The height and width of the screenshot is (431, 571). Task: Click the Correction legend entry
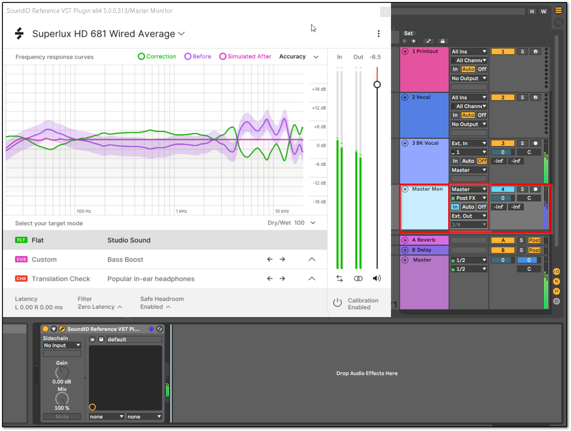coord(157,56)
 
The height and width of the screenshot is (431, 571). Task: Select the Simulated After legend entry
coord(245,56)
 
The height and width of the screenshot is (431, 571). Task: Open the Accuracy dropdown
coord(299,57)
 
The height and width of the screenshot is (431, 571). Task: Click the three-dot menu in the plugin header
coord(378,34)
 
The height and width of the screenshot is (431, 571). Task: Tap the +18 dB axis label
coord(319,89)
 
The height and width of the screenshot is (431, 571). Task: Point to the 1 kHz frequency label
coord(181,211)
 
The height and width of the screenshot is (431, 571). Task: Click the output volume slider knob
coord(377,85)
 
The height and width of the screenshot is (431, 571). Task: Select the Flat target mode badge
coord(21,240)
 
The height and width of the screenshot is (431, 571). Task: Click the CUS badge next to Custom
coord(21,259)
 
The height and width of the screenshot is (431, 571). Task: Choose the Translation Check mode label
coord(61,279)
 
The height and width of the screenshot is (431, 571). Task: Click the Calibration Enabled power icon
coord(338,303)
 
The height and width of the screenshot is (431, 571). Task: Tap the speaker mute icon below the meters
coord(377,278)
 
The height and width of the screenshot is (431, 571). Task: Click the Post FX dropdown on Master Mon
coord(469,198)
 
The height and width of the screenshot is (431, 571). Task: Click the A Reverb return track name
coord(424,240)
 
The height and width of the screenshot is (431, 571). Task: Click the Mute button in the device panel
coord(62,416)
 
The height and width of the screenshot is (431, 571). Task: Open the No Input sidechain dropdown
coord(62,345)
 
